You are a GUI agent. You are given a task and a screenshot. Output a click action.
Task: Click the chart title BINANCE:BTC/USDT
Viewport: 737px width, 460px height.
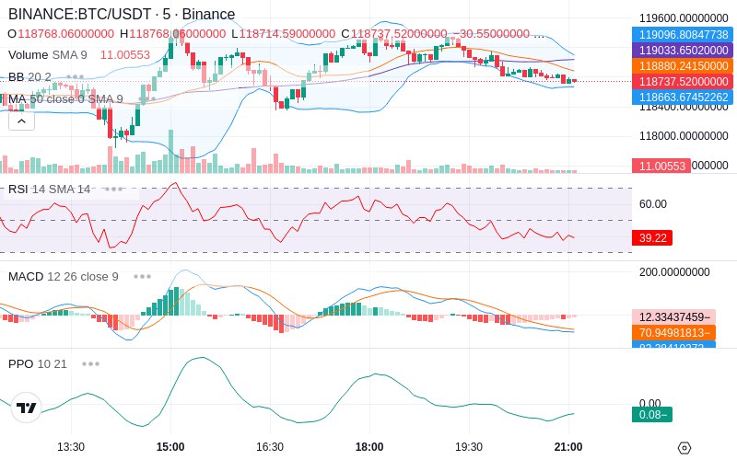click(x=81, y=15)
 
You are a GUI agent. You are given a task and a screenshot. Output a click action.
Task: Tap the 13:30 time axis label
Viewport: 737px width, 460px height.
click(x=71, y=447)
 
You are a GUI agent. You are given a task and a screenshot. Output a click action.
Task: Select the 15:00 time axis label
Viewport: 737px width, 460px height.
click(x=170, y=447)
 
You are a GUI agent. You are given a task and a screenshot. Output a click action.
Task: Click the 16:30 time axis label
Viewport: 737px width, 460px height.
click(x=269, y=447)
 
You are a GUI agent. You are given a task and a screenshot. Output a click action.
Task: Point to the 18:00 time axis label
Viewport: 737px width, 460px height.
click(x=369, y=447)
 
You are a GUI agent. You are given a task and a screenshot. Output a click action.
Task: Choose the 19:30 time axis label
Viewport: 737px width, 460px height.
click(x=469, y=447)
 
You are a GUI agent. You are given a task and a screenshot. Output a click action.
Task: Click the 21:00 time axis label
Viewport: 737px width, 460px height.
click(x=568, y=447)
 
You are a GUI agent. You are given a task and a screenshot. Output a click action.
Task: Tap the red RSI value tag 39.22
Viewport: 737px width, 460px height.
click(x=652, y=237)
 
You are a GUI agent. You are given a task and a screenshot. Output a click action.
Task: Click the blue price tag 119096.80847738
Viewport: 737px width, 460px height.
click(x=681, y=34)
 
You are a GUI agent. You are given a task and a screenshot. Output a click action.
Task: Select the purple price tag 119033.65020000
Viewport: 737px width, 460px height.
click(x=681, y=50)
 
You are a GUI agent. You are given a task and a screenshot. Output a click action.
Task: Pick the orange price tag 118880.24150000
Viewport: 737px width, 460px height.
click(x=681, y=65)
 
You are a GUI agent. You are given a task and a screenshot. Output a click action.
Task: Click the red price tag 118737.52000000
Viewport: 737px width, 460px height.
click(x=681, y=81)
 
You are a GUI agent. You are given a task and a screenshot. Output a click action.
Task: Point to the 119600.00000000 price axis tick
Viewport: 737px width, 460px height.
click(x=684, y=17)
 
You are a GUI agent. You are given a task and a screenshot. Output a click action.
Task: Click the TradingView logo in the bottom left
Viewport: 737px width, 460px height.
click(x=27, y=408)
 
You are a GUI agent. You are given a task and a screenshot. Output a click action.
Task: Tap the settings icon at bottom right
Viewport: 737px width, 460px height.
click(x=684, y=448)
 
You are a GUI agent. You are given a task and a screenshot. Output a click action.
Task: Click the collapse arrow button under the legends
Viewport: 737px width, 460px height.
click(x=21, y=121)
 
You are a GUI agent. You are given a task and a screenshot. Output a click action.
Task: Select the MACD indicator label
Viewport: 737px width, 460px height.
click(x=26, y=276)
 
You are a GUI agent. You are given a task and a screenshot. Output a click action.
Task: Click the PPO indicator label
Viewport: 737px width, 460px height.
click(x=20, y=363)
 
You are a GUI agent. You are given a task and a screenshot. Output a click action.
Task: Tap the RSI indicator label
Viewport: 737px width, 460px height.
click(x=18, y=189)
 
